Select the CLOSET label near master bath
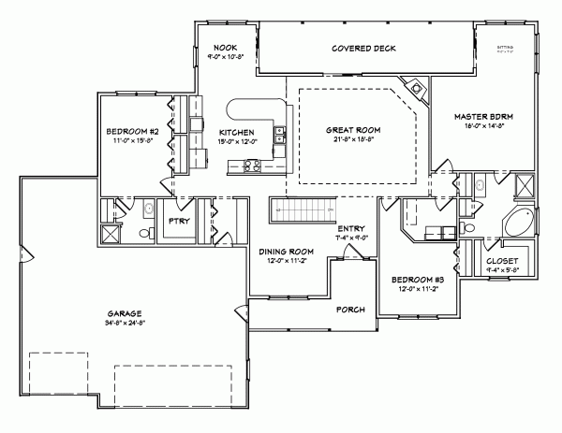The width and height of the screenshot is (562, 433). coord(503,261)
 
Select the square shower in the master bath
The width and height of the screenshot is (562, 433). coord(526,185)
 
